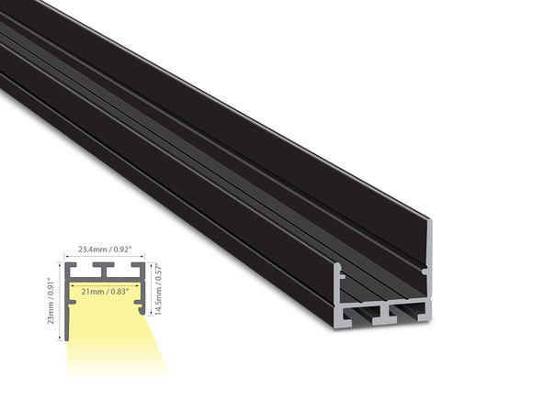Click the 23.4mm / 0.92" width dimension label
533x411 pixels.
(x=106, y=248)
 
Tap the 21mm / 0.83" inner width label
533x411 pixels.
(x=104, y=291)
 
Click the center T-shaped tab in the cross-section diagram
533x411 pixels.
(x=106, y=269)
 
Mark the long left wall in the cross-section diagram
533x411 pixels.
(x=66, y=303)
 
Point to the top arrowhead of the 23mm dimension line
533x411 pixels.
(x=60, y=263)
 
